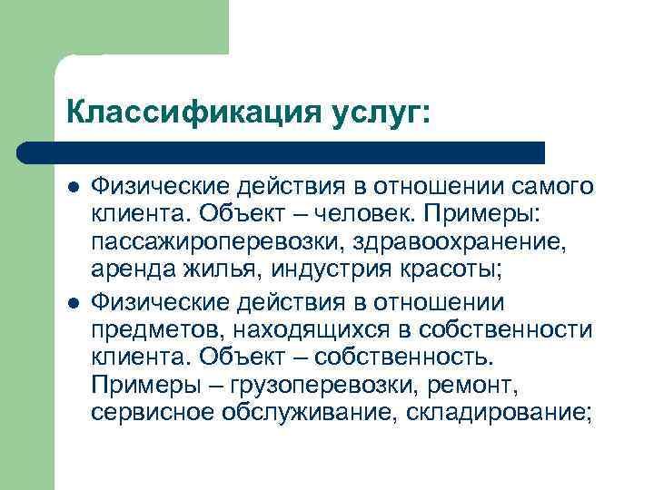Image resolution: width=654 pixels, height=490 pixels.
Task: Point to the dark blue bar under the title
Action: click(x=282, y=152)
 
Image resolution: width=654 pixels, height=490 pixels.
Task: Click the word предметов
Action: click(x=151, y=329)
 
